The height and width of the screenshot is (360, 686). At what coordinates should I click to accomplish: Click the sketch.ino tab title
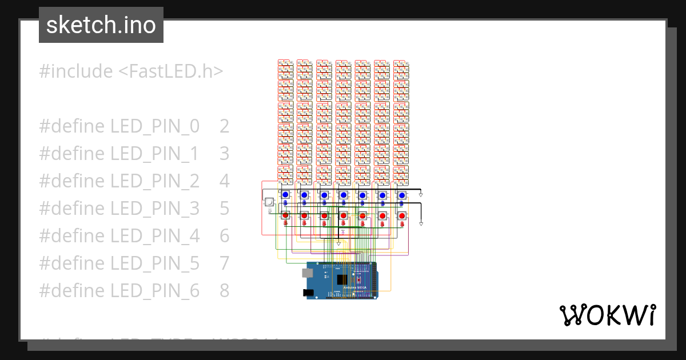tap(101, 25)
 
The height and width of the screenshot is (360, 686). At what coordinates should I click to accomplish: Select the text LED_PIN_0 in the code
tap(155, 126)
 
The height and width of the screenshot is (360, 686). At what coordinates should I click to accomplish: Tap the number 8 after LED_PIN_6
tap(224, 291)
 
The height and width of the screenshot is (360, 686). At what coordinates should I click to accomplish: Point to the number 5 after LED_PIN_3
tap(224, 209)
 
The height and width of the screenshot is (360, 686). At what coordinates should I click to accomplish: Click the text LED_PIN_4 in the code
tap(155, 236)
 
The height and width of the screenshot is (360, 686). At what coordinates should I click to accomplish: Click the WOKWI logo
tap(607, 315)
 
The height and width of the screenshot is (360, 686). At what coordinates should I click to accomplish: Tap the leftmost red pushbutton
tap(285, 215)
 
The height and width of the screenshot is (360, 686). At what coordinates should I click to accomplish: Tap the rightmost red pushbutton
tap(402, 215)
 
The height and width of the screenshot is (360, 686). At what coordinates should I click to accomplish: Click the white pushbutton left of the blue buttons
tap(269, 201)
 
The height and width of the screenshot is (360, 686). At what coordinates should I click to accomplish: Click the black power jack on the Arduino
tap(308, 293)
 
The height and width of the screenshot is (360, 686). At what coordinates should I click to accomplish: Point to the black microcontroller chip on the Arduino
tap(342, 279)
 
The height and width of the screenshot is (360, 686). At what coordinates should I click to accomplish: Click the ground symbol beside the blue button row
tap(421, 195)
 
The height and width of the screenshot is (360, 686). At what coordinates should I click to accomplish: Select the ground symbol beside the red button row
tap(422, 223)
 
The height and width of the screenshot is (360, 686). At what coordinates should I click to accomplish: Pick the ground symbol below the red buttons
tap(338, 243)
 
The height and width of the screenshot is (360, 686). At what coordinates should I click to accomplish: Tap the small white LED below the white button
tap(270, 211)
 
